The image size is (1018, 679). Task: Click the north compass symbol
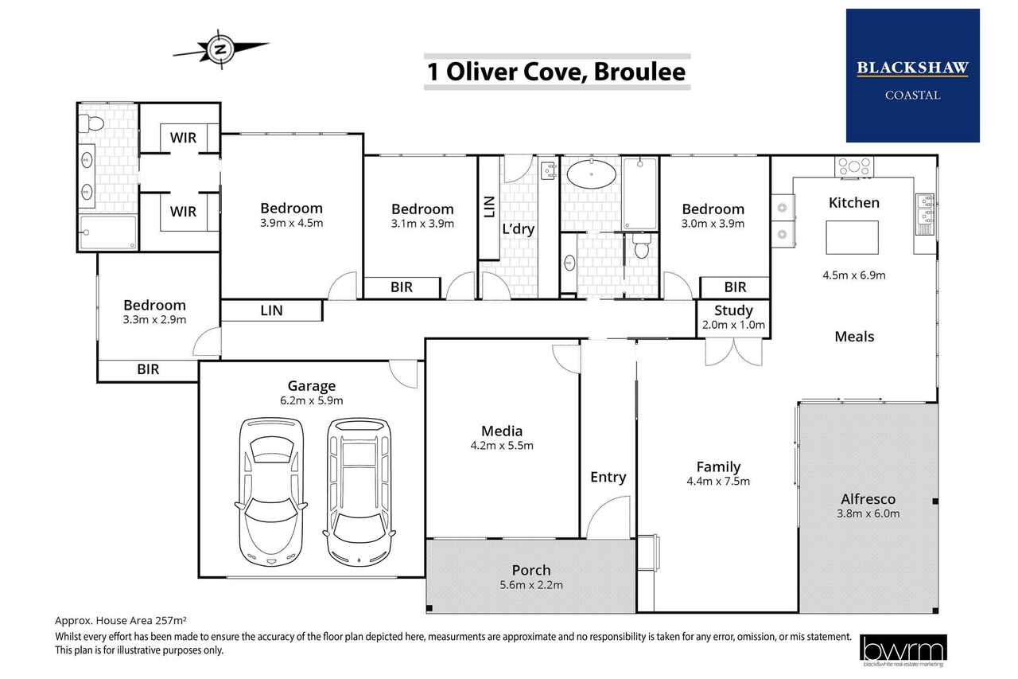221,49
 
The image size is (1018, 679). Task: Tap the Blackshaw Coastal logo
912,76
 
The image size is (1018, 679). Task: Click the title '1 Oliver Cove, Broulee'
557,72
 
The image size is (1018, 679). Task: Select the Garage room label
311,386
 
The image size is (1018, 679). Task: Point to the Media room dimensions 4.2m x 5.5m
502,445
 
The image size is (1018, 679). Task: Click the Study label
733,310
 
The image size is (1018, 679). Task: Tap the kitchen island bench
852,237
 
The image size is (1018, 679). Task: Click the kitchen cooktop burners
854,166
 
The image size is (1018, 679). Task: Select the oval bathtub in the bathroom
591,174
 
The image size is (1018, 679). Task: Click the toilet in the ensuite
91,123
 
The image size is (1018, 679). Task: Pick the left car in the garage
271,492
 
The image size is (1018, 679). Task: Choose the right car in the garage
359,492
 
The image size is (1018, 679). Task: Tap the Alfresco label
868,499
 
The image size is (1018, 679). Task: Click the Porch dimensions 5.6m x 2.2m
530,585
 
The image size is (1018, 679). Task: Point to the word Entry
608,478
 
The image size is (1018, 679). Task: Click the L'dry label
518,228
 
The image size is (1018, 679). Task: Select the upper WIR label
183,138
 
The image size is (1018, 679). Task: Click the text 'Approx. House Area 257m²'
121,620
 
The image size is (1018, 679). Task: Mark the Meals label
854,337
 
